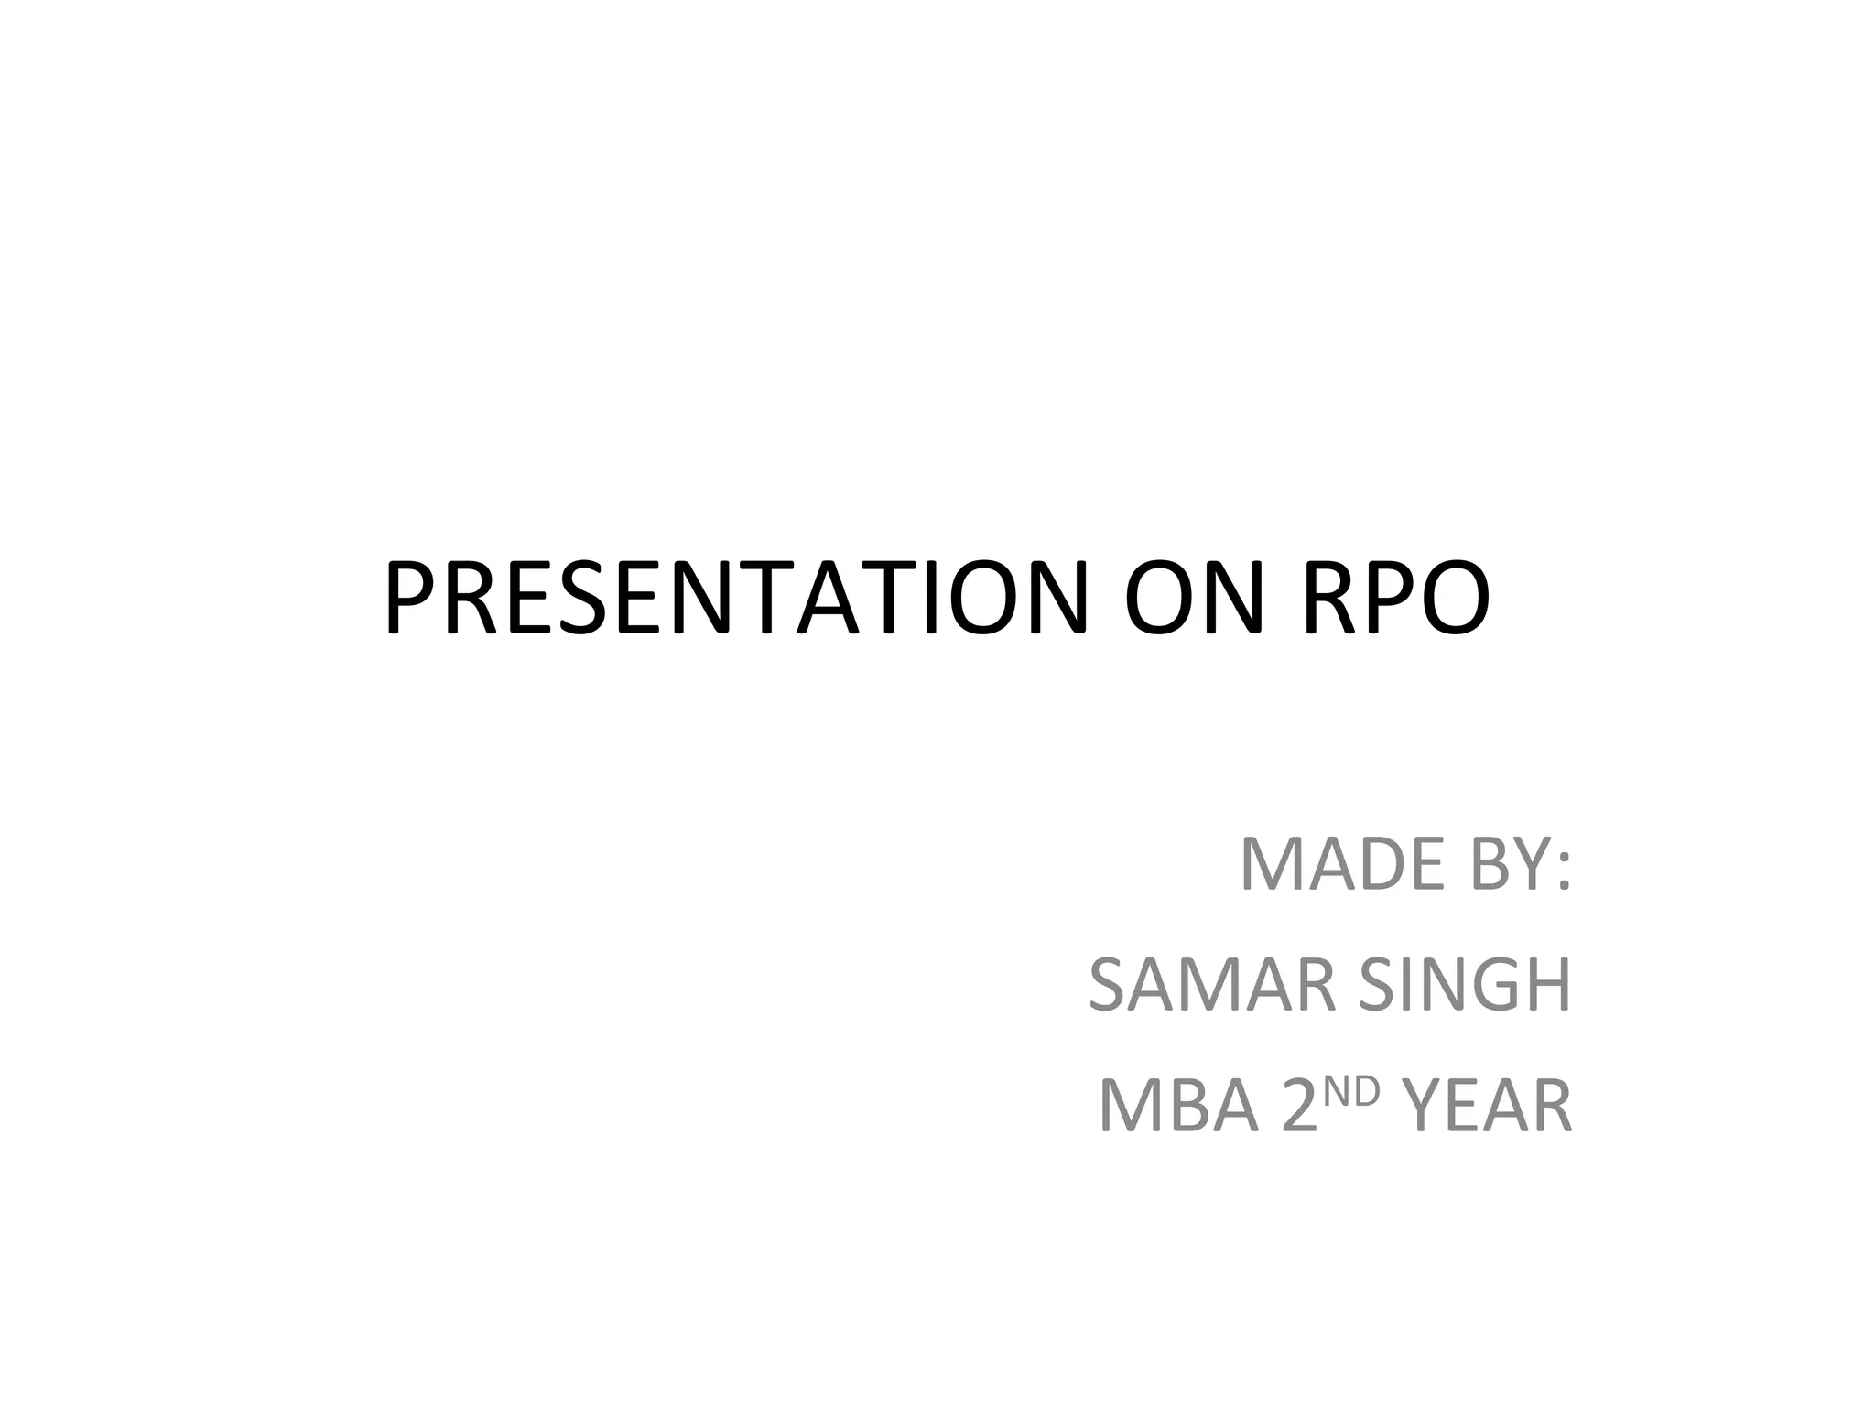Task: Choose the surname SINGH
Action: [x=1465, y=985]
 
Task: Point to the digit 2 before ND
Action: [x=1300, y=1107]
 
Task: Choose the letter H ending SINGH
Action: [x=1548, y=985]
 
